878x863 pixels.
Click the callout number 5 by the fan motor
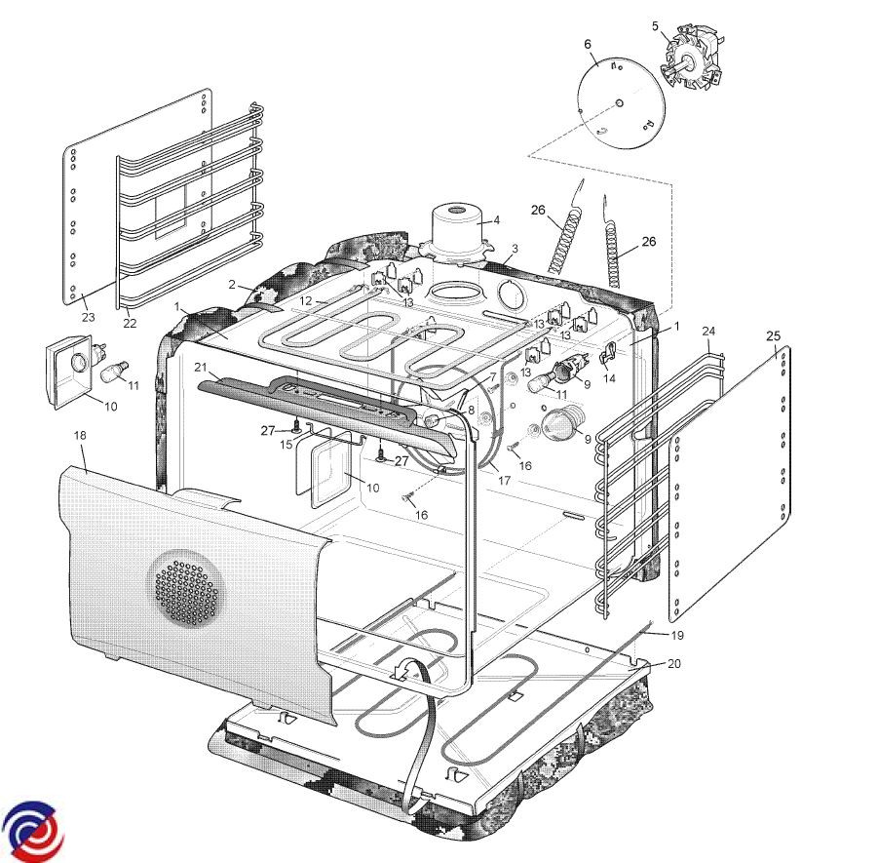(x=656, y=25)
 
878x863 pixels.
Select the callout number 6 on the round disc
(x=588, y=44)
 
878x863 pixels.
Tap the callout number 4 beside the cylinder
(x=496, y=220)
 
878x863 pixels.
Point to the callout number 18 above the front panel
(x=80, y=435)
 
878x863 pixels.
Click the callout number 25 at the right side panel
(x=774, y=336)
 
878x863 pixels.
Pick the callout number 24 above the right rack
(x=708, y=332)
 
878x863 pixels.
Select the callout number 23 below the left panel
(x=89, y=317)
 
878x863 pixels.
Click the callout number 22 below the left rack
(x=130, y=324)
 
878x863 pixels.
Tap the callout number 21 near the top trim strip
(x=201, y=368)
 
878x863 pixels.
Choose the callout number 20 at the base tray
(x=674, y=663)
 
